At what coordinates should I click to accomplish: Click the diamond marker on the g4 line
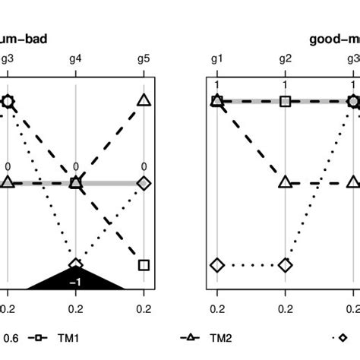[76, 264]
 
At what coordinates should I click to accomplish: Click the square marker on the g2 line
[285, 101]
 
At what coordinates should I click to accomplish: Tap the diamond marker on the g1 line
[216, 265]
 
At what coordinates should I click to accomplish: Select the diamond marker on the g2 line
[285, 265]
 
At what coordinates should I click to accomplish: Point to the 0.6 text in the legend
[12, 338]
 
